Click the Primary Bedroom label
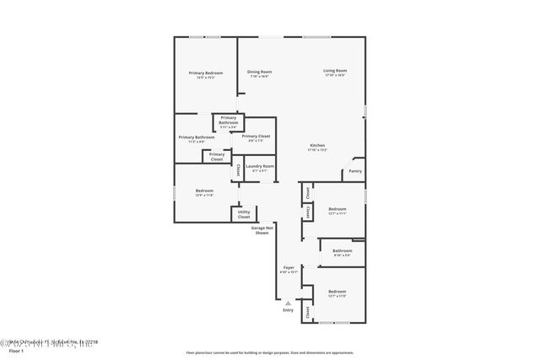pos(205,73)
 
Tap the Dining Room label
pos(259,72)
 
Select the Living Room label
pos(336,70)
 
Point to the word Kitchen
pos(317,146)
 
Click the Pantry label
pos(354,171)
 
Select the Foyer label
pos(289,267)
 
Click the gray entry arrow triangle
pos(289,303)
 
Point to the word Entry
pos(289,310)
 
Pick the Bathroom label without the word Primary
pos(342,250)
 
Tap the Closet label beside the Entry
pos(308,313)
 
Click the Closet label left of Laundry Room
pos(237,169)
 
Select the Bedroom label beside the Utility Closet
pos(204,191)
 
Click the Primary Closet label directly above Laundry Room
pos(256,136)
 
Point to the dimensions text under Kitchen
pos(317,151)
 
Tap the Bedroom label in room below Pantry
pos(337,208)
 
